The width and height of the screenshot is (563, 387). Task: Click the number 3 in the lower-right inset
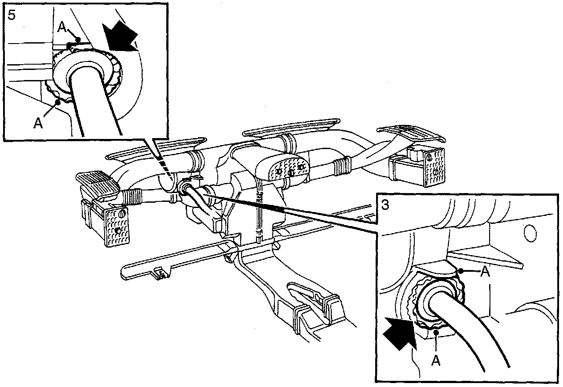pyautogui.click(x=385, y=206)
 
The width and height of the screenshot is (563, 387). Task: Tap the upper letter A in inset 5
pyautogui.click(x=62, y=28)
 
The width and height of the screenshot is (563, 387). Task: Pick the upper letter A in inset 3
pyautogui.click(x=485, y=272)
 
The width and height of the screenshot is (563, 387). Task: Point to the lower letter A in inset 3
pyautogui.click(x=435, y=360)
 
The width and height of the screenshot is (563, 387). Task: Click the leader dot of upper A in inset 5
pyautogui.click(x=78, y=40)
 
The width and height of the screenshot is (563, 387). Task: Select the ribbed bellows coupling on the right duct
pyautogui.click(x=340, y=168)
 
